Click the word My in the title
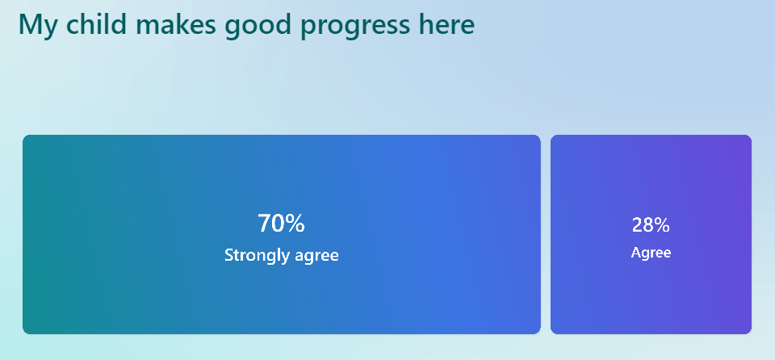(39, 26)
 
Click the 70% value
(281, 224)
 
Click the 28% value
(651, 225)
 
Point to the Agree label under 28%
(651, 253)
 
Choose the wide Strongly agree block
(282, 234)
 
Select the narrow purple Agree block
(651, 234)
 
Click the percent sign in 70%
(295, 224)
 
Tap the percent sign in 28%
(662, 225)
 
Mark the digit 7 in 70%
(265, 224)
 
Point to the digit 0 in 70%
(279, 224)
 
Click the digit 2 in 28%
(638, 225)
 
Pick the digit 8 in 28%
(649, 225)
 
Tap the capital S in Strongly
(229, 255)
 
